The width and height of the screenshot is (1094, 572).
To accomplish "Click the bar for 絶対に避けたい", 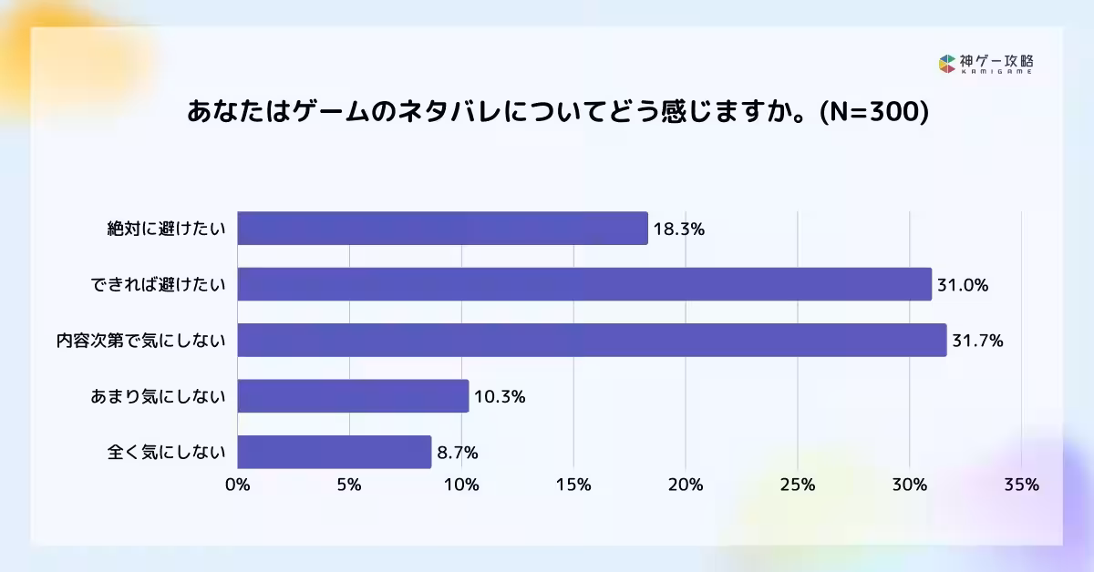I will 442,229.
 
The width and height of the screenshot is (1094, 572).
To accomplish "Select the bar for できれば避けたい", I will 584,284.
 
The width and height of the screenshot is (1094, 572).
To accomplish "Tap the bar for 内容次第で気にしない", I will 592,340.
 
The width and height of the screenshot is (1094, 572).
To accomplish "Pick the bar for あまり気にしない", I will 353,396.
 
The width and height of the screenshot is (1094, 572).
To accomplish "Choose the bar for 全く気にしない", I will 334,452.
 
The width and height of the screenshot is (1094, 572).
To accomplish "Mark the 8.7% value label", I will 457,453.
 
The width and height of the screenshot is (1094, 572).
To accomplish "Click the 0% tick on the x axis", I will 238,485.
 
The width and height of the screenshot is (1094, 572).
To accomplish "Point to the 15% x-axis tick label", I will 573,485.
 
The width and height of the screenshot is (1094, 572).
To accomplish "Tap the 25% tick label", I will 798,485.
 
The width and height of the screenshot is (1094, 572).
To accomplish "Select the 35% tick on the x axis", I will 1021,485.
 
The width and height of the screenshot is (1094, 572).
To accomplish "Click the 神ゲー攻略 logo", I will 986,64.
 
